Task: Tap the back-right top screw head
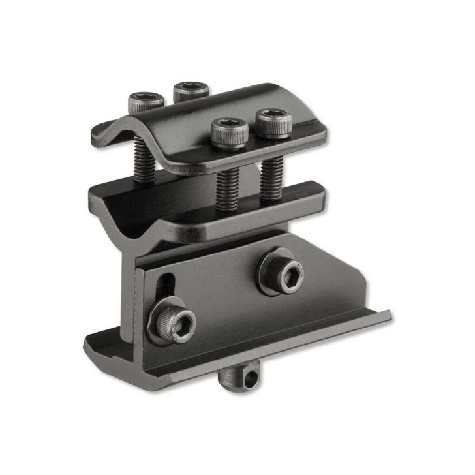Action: (191, 89)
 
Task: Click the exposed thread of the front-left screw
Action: (227, 187)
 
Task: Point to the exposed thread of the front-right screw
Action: (269, 176)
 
